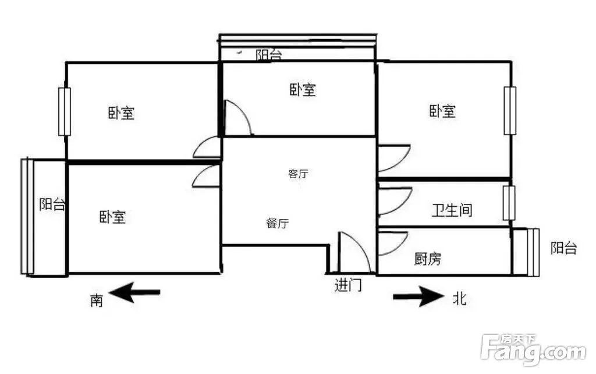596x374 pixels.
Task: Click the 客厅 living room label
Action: (x=298, y=174)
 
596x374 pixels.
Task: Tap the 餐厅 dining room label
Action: (x=278, y=223)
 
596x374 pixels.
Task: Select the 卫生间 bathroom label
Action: (x=452, y=210)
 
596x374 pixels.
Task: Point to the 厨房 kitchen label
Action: (x=428, y=259)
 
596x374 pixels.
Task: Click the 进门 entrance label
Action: (x=348, y=285)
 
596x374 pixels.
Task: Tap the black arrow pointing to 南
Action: (x=134, y=292)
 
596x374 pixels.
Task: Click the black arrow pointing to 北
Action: (x=418, y=296)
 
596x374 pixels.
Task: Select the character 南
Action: (x=97, y=300)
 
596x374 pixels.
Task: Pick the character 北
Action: (x=460, y=298)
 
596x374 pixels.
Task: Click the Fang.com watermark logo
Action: (x=533, y=350)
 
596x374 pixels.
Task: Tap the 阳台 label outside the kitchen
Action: (x=564, y=248)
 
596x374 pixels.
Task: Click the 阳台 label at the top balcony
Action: (x=269, y=55)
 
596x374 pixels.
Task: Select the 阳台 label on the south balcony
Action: (x=52, y=204)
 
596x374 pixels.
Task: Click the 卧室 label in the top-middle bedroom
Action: (x=303, y=90)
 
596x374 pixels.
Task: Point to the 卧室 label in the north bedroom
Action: (x=442, y=111)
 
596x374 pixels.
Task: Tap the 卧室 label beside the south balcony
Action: (x=112, y=217)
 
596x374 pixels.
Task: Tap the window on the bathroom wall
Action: (x=509, y=203)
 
